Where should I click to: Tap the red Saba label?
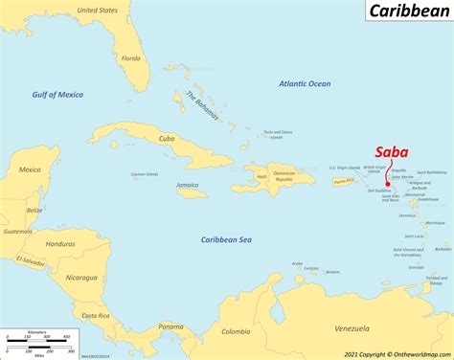[x=391, y=151]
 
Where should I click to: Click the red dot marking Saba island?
[x=387, y=186]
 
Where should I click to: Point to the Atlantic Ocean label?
[x=305, y=84]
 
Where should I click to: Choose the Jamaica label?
[x=188, y=184]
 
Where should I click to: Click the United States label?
[x=98, y=11]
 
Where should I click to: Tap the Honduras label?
[x=66, y=244]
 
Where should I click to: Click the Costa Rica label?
[x=95, y=315]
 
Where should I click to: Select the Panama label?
[x=170, y=327]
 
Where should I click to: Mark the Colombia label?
[x=236, y=331]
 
